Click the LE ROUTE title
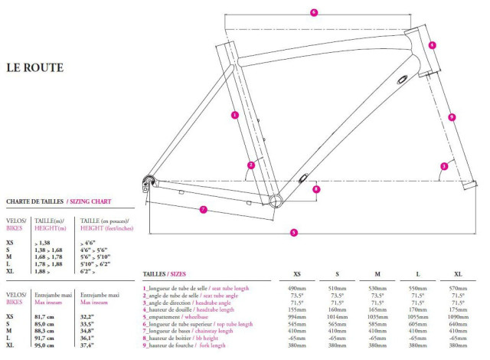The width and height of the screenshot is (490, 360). [34, 67]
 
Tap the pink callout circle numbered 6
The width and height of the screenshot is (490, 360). [314, 12]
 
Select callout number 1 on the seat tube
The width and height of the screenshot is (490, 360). [234, 115]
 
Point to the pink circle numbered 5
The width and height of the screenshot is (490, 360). [294, 232]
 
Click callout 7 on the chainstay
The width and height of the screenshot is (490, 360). [204, 209]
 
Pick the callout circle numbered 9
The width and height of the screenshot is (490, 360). [452, 117]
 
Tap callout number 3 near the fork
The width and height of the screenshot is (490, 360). [444, 165]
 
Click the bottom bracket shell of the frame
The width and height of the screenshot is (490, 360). [276, 200]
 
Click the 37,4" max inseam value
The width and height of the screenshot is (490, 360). [91, 345]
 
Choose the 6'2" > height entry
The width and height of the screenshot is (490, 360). [90, 270]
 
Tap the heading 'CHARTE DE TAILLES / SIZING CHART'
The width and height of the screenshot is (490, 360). [59, 201]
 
